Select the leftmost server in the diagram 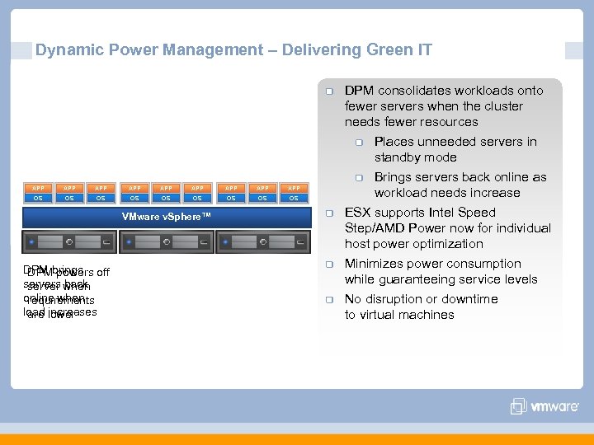tap(69, 242)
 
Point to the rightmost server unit tap(262, 242)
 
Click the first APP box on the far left tap(38, 188)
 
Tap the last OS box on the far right tap(294, 198)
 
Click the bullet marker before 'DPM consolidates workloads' tap(328, 91)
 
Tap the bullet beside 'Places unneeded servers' tap(359, 143)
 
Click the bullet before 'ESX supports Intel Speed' tap(328, 213)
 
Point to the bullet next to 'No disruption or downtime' tap(328, 300)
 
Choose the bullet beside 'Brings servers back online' tap(359, 178)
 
